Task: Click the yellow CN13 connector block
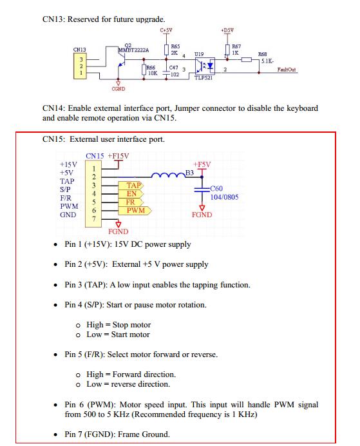80,66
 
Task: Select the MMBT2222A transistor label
133,50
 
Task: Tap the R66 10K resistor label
151,70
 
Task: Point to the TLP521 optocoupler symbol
205,66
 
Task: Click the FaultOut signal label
287,70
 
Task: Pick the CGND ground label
118,89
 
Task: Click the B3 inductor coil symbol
168,175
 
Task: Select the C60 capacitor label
216,188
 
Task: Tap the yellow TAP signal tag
131,186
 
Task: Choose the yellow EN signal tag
131,194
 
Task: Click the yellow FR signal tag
131,202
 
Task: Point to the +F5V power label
202,164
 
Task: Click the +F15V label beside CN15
118,156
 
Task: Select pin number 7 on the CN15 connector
94,219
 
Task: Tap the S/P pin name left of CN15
65,189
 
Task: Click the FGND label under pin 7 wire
118,231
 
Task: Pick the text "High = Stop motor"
118,325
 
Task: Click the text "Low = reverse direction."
128,384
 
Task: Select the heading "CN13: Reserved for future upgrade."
104,19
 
